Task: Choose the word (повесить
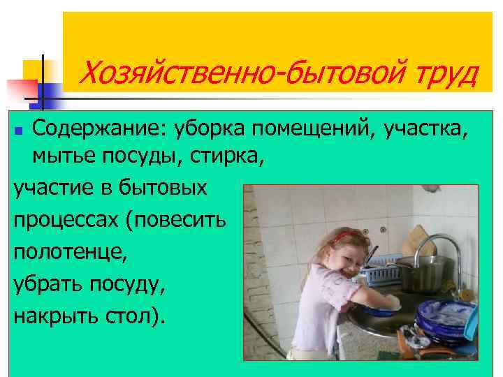coord(174,221)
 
